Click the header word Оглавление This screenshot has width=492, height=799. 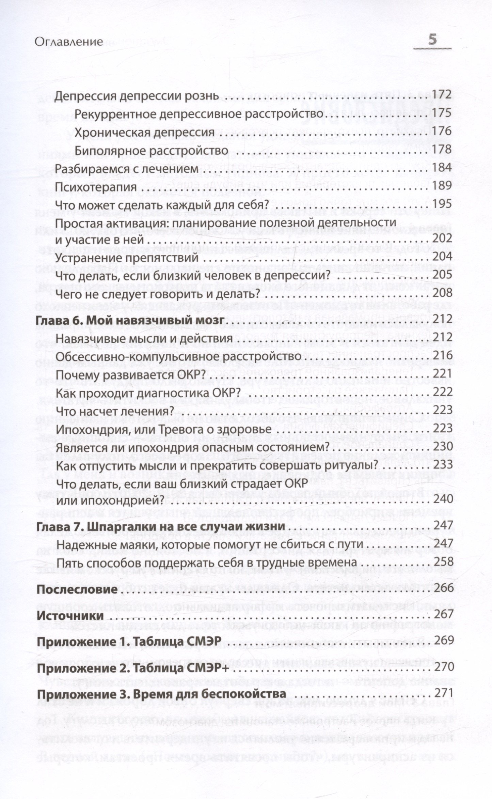69,42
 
